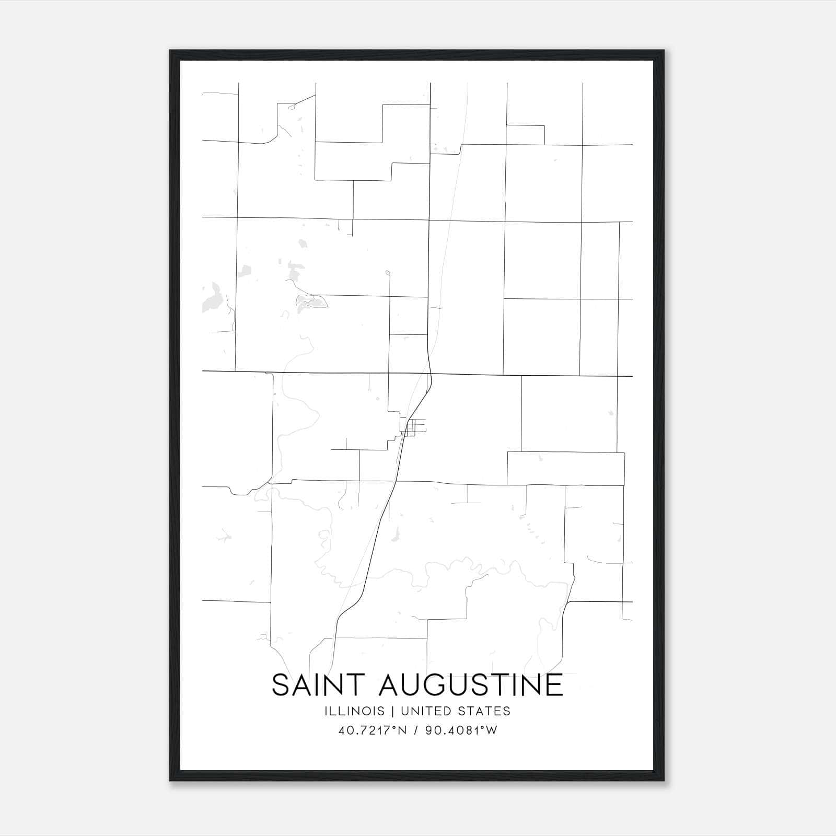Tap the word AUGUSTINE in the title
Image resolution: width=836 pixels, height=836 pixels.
coord(471,685)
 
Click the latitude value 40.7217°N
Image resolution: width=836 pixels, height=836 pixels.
coord(372,730)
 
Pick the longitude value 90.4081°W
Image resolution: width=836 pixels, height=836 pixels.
coord(461,730)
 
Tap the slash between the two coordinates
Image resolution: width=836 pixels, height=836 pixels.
coord(416,730)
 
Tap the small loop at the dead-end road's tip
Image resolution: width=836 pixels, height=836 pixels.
coord(388,272)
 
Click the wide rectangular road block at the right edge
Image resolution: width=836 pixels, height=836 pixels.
coord(566,468)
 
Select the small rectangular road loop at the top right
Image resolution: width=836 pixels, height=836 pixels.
coord(525,135)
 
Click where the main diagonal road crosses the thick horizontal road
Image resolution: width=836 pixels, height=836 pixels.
coord(428,374)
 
